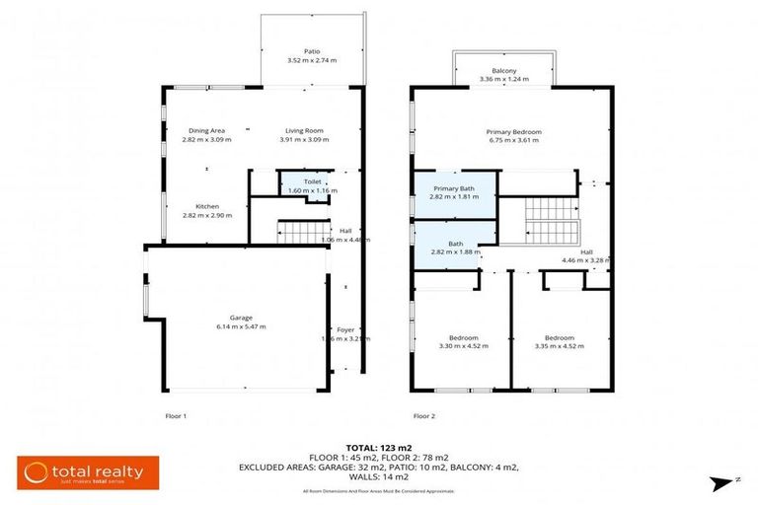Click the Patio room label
click(311, 50)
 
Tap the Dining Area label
click(206, 130)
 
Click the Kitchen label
click(206, 206)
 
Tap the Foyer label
click(345, 329)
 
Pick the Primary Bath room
click(454, 192)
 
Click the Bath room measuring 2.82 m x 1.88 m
click(454, 247)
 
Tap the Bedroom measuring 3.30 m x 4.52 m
click(459, 341)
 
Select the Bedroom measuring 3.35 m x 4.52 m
click(553, 341)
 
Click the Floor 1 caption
click(176, 416)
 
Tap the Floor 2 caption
click(424, 416)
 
